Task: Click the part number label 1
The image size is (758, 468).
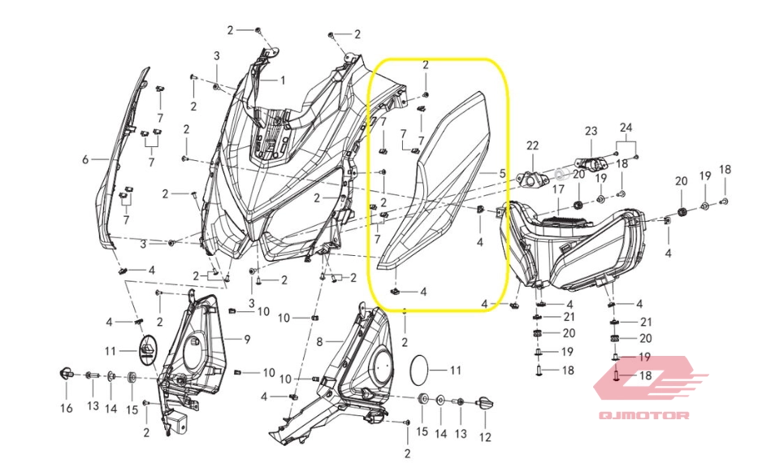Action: (x=283, y=80)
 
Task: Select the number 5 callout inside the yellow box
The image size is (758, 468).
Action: (x=502, y=173)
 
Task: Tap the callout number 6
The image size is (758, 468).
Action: (x=85, y=159)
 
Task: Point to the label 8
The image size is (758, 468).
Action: (x=319, y=342)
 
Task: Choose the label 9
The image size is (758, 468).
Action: (x=247, y=340)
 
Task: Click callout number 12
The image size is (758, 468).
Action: (x=485, y=437)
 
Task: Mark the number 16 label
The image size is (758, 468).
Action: (x=67, y=409)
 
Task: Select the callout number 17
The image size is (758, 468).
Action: (x=558, y=189)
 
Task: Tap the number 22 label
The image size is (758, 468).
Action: (x=532, y=145)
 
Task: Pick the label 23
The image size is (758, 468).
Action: (x=591, y=131)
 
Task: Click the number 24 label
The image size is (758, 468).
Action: (x=626, y=128)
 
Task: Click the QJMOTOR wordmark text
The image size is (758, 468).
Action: (x=644, y=415)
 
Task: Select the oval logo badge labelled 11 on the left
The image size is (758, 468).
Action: (x=149, y=350)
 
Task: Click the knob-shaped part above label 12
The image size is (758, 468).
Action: (x=485, y=402)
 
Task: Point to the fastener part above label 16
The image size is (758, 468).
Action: (x=65, y=373)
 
